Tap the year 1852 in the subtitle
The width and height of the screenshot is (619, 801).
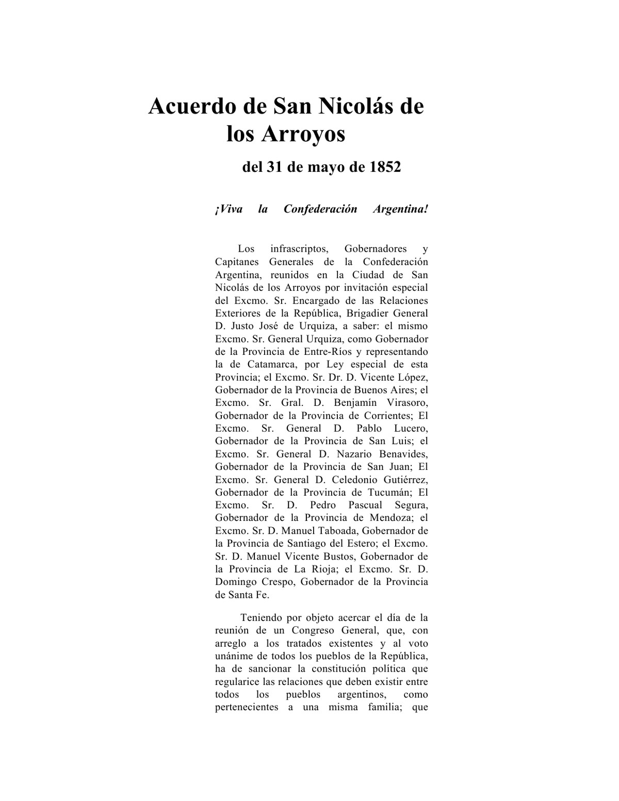point(385,168)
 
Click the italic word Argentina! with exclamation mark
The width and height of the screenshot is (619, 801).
point(400,209)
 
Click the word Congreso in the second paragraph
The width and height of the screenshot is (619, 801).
point(315,630)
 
